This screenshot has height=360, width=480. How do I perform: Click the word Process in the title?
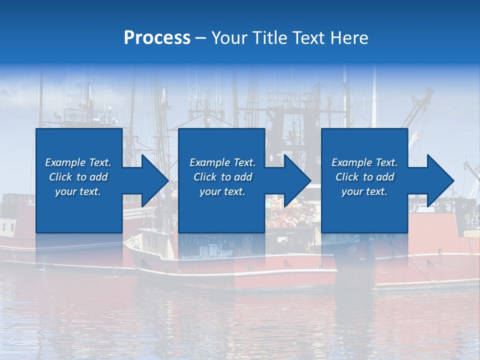[x=157, y=38]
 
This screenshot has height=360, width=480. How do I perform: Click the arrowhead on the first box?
[x=152, y=180]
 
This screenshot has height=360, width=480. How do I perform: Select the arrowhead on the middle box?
[x=295, y=180]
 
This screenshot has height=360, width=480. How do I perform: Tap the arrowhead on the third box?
[x=438, y=180]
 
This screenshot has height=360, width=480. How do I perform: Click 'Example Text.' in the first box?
[x=78, y=162]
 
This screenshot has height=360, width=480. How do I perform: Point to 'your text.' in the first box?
[x=78, y=191]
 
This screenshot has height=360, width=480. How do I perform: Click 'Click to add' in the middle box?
[x=222, y=177]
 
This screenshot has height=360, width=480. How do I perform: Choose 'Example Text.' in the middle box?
[x=222, y=162]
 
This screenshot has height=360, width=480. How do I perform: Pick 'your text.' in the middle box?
[x=222, y=191]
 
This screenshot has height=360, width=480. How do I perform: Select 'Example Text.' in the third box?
[x=364, y=162]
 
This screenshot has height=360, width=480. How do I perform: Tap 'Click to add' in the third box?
[x=364, y=177]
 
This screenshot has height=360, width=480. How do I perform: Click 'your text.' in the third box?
[x=364, y=191]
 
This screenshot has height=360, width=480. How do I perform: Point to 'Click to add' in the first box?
[x=78, y=177]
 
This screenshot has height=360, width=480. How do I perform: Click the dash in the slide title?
[x=201, y=38]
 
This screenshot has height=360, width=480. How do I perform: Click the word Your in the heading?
[x=229, y=38]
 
